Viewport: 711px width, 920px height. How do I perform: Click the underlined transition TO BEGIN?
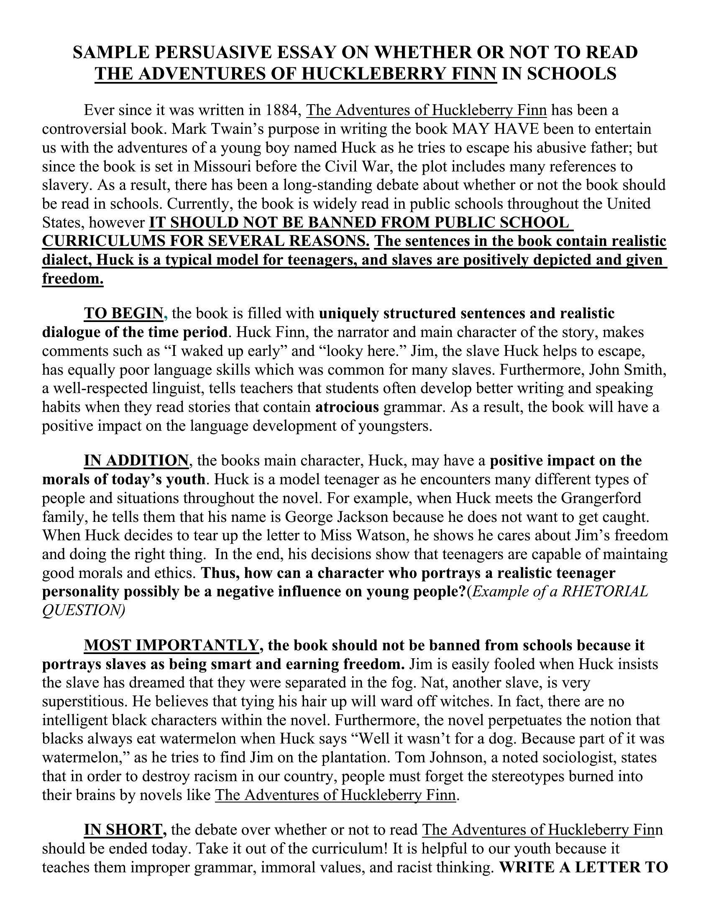(123, 313)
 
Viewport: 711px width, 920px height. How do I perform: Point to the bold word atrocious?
(347, 407)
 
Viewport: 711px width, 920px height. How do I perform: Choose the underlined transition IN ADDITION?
(136, 460)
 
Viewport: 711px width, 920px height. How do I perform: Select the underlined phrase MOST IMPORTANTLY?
(171, 645)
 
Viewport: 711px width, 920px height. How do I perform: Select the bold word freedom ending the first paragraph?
(72, 279)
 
